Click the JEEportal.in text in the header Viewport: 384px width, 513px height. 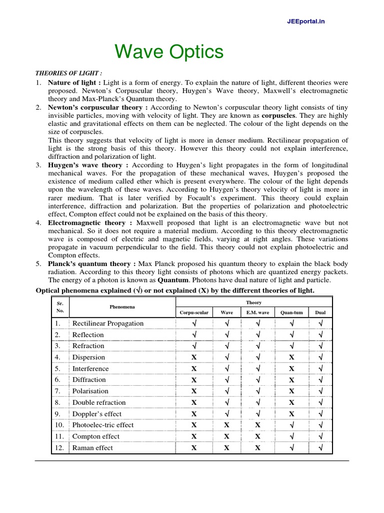pos(306,22)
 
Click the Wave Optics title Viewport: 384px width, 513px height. pos(169,52)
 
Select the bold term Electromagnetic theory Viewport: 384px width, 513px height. pos(82,222)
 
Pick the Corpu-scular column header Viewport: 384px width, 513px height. pos(194,312)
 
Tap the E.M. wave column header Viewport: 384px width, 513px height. pos(257,312)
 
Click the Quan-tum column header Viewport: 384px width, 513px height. pos(291,312)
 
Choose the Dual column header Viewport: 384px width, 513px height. pos(320,312)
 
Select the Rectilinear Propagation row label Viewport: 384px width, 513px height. pos(107,323)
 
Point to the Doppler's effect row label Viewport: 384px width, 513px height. pos(97,414)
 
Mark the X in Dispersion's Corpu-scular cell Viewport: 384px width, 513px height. pos(194,357)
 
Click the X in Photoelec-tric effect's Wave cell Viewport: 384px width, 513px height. pos(226,425)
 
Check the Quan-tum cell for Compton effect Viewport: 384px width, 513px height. pos(291,436)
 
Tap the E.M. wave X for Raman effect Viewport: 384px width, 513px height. pos(257,448)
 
